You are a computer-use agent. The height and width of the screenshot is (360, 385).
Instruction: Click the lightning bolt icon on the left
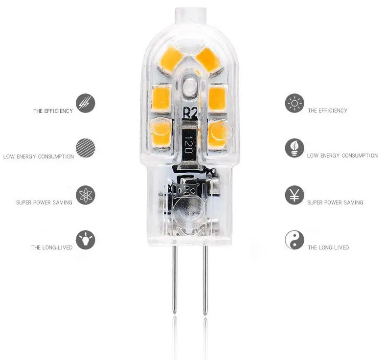(x=86, y=103)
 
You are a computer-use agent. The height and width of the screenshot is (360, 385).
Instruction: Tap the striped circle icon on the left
(x=86, y=147)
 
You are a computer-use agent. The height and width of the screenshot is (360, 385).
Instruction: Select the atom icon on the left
(x=86, y=195)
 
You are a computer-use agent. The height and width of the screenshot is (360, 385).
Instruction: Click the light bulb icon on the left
(x=86, y=240)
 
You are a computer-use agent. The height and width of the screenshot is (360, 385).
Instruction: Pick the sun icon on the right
(x=294, y=103)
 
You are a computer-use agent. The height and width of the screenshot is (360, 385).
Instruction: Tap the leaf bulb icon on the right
(x=294, y=148)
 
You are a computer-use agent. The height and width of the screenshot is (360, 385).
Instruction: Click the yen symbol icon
(x=294, y=195)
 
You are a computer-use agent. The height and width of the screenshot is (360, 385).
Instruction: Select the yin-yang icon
(x=294, y=240)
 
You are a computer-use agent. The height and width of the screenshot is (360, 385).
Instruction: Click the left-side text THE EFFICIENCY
(x=53, y=111)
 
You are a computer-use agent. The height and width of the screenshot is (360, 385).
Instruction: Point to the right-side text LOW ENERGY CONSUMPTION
(x=342, y=156)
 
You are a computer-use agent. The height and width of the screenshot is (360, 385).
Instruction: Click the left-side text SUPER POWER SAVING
(x=44, y=202)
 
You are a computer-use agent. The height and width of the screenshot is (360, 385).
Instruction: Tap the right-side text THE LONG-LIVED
(x=328, y=247)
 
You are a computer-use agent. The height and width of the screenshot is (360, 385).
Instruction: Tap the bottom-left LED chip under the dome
(x=160, y=129)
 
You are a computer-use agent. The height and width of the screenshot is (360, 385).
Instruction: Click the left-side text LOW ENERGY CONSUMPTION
(x=39, y=157)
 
